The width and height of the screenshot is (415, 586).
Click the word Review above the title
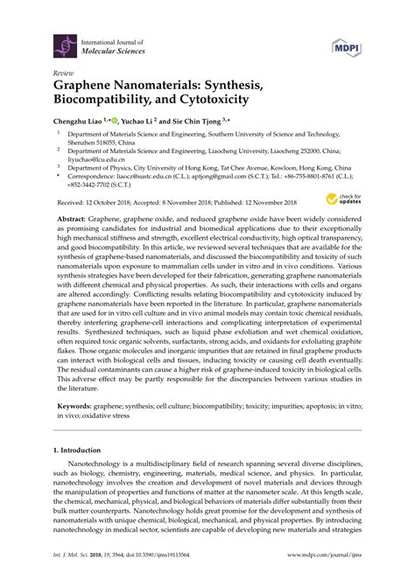click(x=63, y=73)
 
